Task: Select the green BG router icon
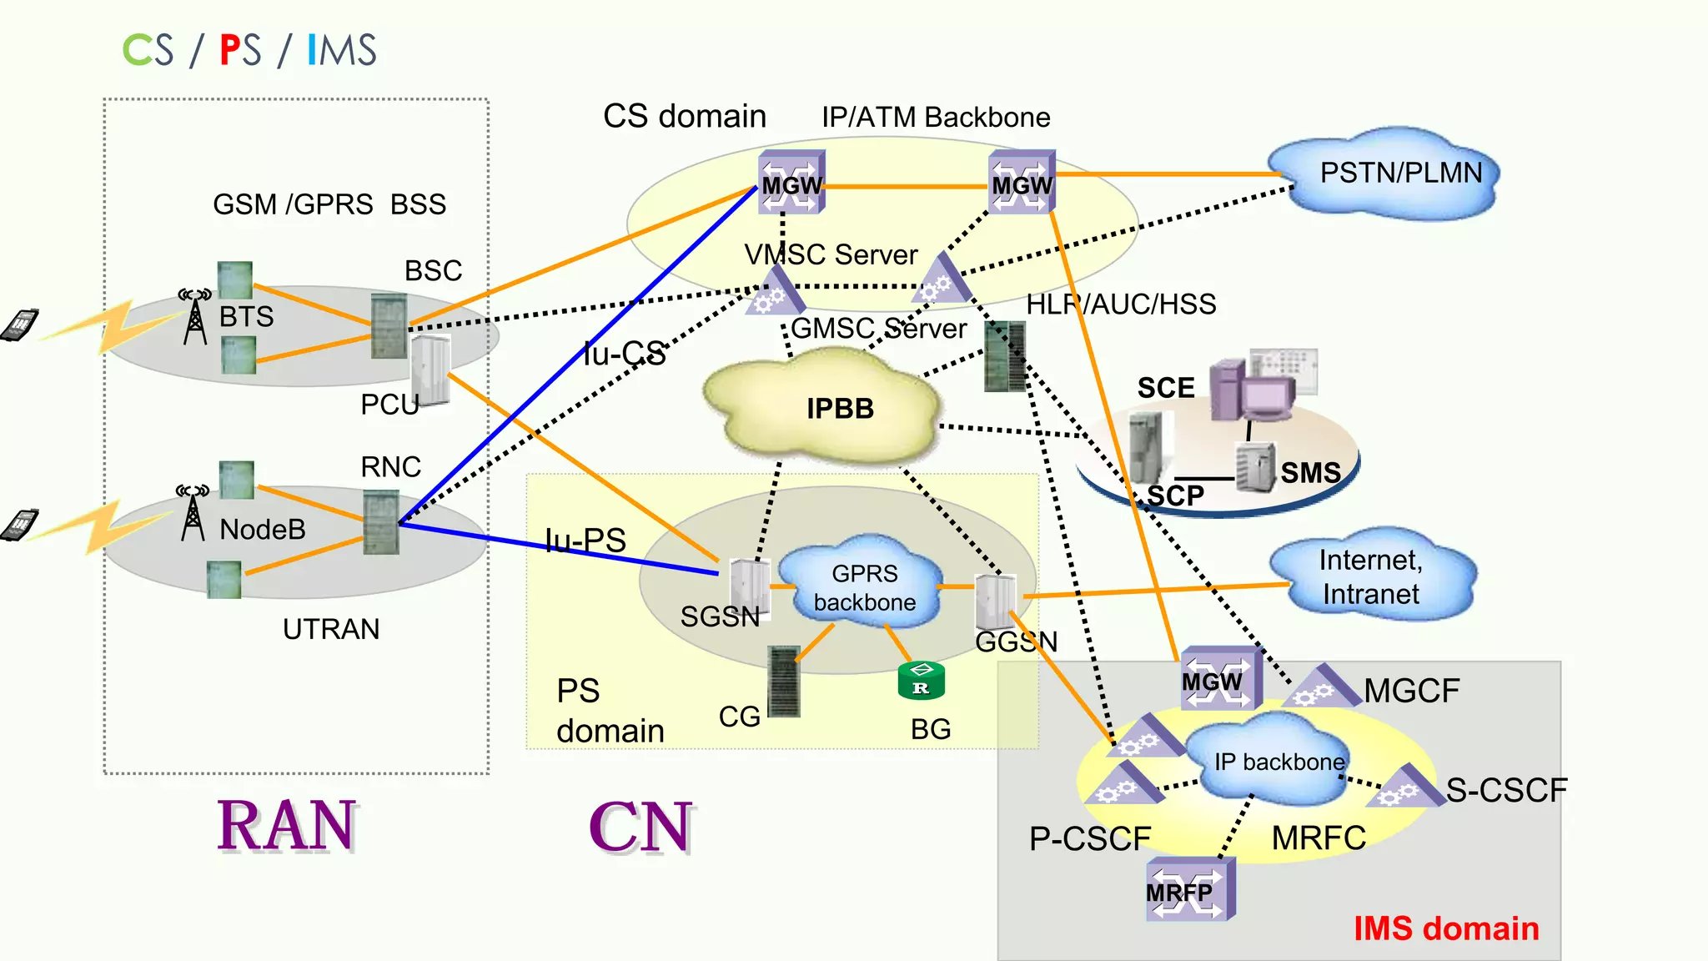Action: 921,681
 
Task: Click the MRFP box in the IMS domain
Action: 1188,891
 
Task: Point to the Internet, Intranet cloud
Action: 1372,576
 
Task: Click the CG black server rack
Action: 783,681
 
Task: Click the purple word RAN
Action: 287,826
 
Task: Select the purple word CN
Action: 640,828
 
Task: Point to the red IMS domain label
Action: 1445,928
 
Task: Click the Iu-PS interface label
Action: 585,540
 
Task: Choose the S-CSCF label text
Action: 1506,790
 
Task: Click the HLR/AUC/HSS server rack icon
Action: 1005,357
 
